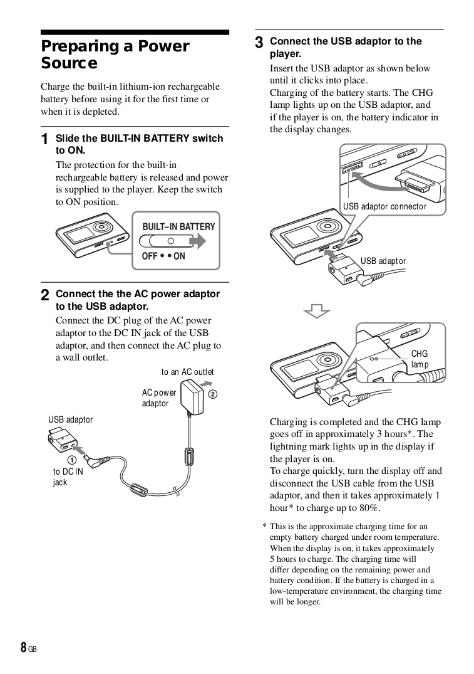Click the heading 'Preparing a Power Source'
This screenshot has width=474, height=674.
coord(115,55)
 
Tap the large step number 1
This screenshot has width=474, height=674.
coord(44,139)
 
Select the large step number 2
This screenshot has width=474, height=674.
coord(44,295)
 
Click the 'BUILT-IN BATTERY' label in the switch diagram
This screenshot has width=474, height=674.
coord(178,226)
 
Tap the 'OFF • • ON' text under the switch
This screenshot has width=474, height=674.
coord(163,256)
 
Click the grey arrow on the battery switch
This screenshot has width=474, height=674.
coord(198,241)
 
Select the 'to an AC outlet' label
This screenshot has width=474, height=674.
coord(187,372)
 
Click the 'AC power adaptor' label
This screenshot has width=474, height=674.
coord(158,398)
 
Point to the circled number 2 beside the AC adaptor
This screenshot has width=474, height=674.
coord(212,394)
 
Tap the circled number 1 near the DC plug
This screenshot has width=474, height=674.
coord(73,458)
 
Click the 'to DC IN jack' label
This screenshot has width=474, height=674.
coord(67,477)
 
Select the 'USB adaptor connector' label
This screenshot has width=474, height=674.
coord(384,206)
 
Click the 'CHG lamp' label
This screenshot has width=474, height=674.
coord(420,359)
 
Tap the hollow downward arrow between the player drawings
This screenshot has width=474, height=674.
coord(317,310)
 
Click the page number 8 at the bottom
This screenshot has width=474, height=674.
coord(23,648)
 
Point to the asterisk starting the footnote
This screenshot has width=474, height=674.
coord(264,527)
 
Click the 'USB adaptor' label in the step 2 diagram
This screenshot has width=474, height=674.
coord(70,419)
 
